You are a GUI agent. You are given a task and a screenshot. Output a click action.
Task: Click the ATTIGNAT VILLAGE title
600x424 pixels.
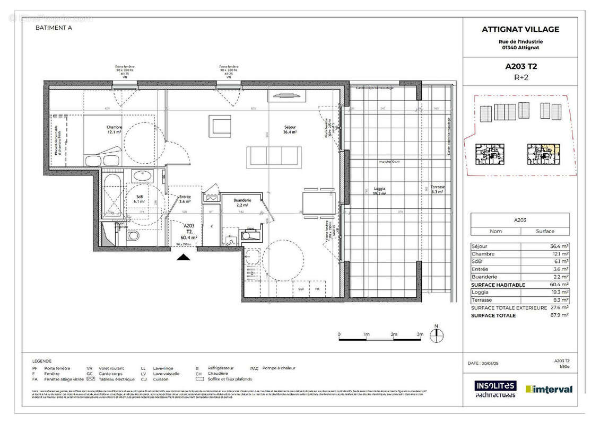(520, 30)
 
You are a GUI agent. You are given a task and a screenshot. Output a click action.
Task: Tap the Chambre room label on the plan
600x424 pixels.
(114, 127)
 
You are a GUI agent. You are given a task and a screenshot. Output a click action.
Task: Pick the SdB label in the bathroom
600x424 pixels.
(135, 195)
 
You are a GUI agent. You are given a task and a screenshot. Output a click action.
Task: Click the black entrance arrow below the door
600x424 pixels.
(184, 258)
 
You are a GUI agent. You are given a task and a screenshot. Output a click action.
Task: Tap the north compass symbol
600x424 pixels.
(436, 334)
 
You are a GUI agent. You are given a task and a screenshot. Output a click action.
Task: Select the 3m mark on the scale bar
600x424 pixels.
(420, 335)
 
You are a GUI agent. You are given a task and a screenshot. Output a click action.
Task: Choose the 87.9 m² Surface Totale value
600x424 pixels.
(559, 315)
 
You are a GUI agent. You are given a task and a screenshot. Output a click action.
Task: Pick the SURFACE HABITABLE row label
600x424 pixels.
(498, 285)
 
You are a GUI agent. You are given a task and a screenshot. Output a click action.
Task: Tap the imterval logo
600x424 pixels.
(549, 389)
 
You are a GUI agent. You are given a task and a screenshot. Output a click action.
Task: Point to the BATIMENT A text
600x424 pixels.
(54, 28)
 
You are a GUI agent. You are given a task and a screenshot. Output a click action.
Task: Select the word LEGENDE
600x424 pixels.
(42, 359)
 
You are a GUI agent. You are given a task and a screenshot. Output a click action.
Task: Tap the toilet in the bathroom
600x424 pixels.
(135, 235)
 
